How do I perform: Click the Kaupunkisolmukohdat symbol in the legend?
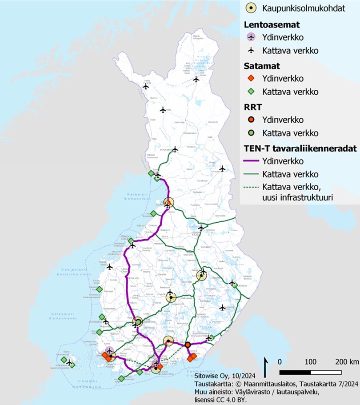(x=252, y=8)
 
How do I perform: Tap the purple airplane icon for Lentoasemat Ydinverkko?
(x=252, y=36)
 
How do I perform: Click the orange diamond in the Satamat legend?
(x=252, y=78)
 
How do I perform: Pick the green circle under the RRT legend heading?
(x=252, y=133)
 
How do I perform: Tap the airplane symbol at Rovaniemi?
(x=175, y=149)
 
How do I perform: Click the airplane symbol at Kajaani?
(x=201, y=228)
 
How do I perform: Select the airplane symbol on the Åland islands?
(x=69, y=363)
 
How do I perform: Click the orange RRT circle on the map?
(x=188, y=345)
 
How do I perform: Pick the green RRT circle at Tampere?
(x=138, y=321)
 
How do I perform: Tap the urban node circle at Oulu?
(x=168, y=203)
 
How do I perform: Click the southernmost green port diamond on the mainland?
(x=121, y=378)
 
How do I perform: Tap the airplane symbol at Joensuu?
(x=232, y=282)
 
